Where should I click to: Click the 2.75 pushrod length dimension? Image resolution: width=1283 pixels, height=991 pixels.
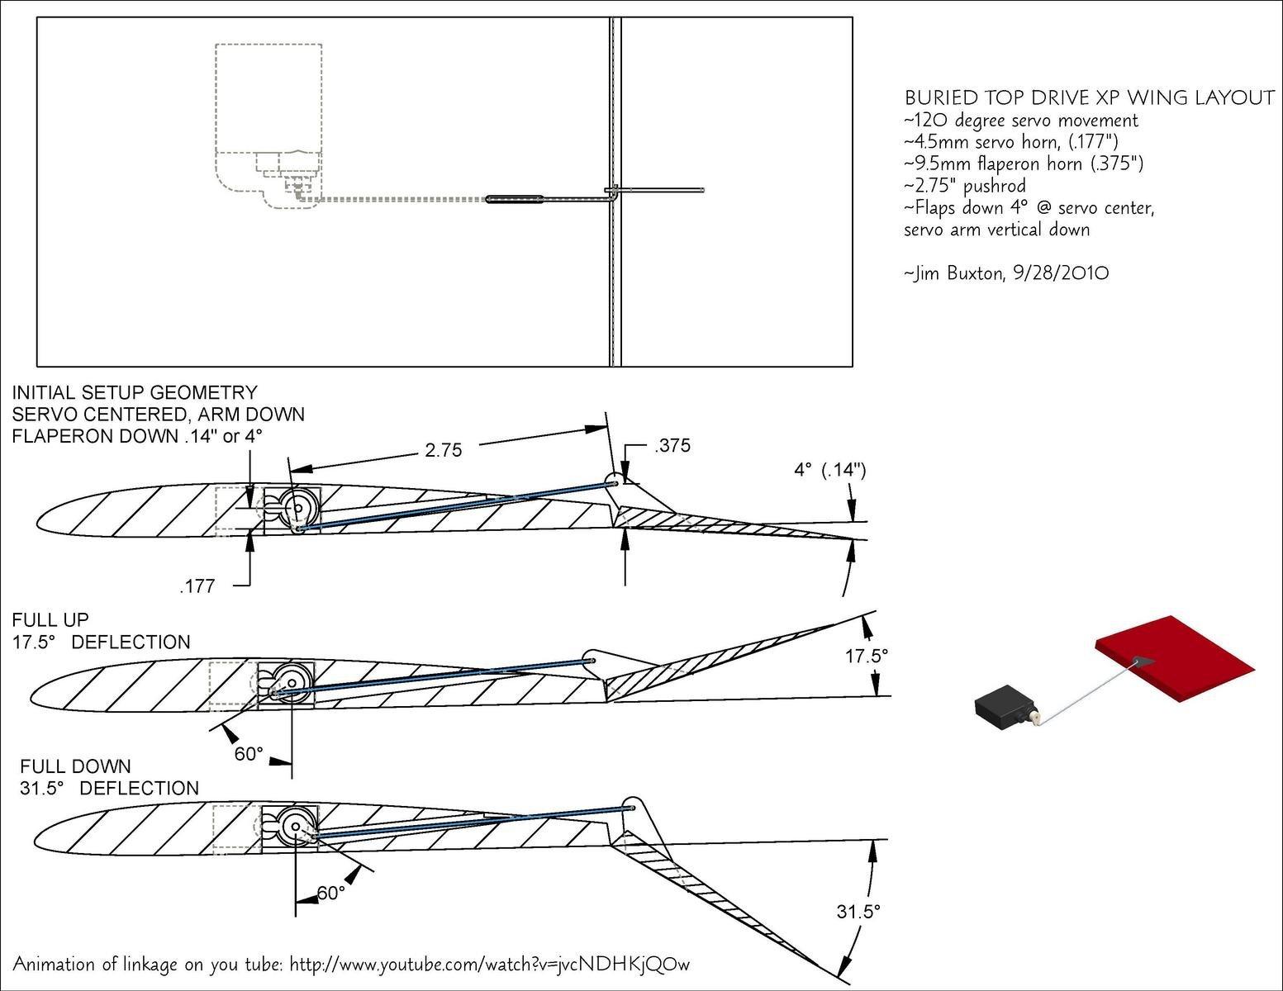(x=444, y=450)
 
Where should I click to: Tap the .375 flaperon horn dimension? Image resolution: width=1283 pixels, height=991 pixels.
(x=672, y=445)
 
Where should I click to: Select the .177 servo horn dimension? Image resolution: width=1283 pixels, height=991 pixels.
(x=197, y=586)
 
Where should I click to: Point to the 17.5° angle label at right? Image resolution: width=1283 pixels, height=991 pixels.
(x=866, y=656)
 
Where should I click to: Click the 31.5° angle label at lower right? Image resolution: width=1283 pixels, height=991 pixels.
(x=858, y=912)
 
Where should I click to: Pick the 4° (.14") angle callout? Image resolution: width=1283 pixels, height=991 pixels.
(x=829, y=470)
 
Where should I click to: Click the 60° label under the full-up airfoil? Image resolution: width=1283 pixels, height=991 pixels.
(x=249, y=754)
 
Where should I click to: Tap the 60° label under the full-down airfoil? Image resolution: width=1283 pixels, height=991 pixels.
(x=330, y=893)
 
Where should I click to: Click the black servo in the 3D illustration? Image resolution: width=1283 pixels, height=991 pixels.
(x=1004, y=707)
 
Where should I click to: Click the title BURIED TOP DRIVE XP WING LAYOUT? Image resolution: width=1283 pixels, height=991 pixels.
(x=1090, y=98)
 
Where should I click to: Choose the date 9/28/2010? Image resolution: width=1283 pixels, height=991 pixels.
(x=1061, y=273)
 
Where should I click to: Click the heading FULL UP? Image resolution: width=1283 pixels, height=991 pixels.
(x=50, y=619)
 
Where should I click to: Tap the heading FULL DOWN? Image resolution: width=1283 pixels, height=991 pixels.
(x=75, y=766)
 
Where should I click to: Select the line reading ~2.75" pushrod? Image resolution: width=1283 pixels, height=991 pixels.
(x=965, y=185)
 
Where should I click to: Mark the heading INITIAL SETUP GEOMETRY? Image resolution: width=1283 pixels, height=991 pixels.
(x=135, y=392)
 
